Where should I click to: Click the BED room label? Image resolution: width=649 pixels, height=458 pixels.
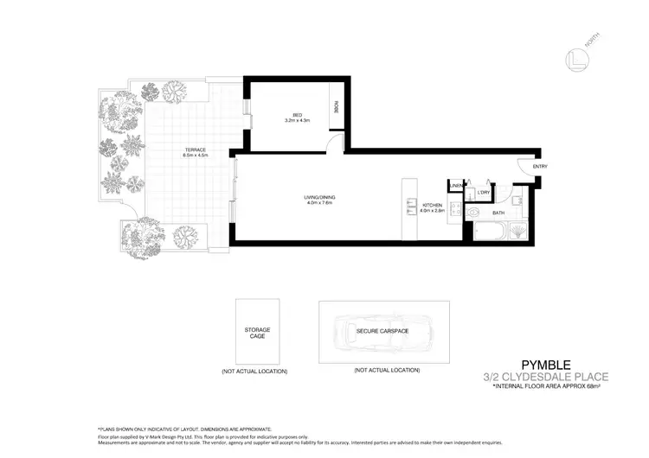[297, 115]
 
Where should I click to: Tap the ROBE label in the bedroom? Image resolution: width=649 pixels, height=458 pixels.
[335, 110]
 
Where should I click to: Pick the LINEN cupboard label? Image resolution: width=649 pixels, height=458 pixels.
[455, 186]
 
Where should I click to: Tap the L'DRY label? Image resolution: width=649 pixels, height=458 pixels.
[483, 193]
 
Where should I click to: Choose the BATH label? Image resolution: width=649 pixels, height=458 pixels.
[498, 213]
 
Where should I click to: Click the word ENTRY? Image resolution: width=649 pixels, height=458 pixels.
[540, 167]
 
